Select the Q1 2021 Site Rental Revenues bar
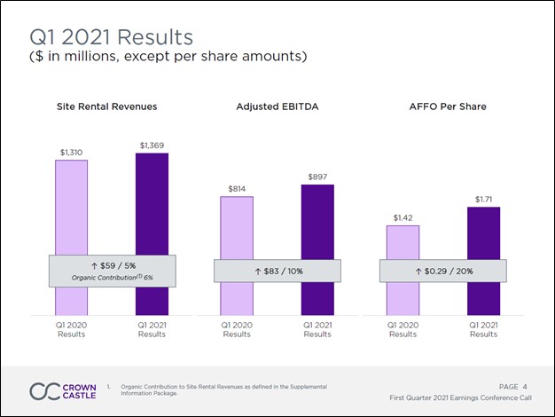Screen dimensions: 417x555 point(152,204)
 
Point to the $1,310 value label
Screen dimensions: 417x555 point(71,153)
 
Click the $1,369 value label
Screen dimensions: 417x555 point(152,145)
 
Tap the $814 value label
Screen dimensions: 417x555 point(237,189)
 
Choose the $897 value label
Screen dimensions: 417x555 point(317,177)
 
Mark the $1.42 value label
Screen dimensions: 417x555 point(403,217)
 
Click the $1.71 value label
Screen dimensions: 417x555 point(483,200)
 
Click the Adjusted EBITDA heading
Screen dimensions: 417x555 point(277,106)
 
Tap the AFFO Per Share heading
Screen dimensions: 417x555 point(442,106)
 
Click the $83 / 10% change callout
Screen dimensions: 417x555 point(277,271)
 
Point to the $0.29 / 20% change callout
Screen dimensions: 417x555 point(442,271)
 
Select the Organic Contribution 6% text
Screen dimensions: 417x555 point(113,278)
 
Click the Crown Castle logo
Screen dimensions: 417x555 point(63,391)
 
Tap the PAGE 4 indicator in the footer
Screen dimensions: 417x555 point(513,386)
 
